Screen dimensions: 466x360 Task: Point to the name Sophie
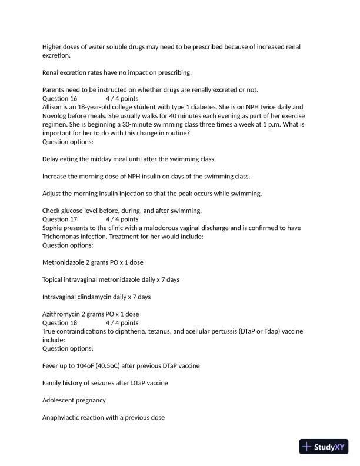point(53,228)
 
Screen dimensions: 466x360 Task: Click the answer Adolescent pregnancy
point(74,401)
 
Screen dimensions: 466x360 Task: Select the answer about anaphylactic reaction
point(104,418)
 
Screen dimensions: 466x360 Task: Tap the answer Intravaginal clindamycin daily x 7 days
point(96,297)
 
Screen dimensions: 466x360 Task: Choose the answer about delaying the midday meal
point(129,159)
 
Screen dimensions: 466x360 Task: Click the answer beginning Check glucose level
point(122,211)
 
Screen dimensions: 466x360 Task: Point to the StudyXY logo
point(325,447)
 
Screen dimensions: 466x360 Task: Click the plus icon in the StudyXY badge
point(306,447)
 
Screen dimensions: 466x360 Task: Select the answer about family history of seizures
point(105,383)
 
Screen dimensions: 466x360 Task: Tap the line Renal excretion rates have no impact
point(117,73)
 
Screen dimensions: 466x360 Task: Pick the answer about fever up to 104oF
point(121,366)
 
